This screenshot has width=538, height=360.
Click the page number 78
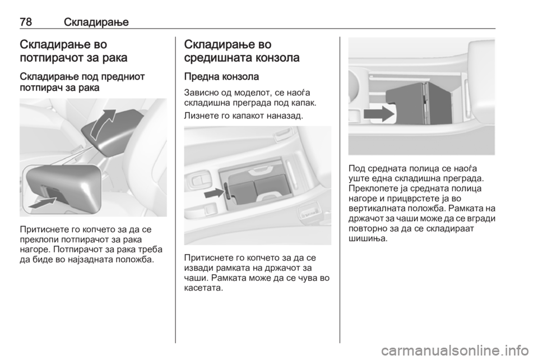pos(26,22)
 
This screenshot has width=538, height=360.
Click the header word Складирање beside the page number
pos(96,22)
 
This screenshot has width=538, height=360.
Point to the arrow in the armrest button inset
pos(43,202)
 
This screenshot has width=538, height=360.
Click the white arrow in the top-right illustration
pos(379,114)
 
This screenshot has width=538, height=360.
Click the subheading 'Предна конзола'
pos(221,76)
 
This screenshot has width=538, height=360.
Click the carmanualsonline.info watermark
pos(457,350)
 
